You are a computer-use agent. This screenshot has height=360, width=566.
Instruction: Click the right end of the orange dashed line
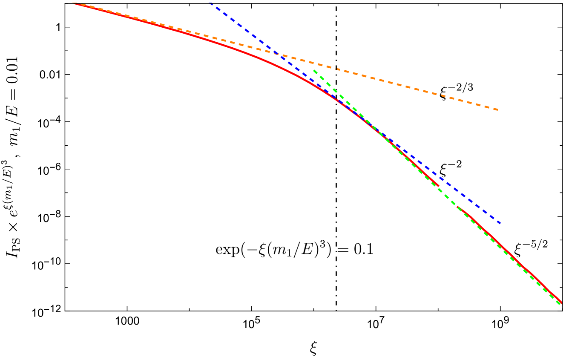pyautogui.click(x=497, y=109)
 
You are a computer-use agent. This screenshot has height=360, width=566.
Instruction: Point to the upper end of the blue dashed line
pyautogui.click(x=210, y=3)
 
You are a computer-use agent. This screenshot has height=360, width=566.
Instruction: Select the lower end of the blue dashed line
pyautogui.click(x=500, y=223)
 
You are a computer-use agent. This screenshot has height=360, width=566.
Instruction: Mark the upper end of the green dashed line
pyautogui.click(x=314, y=70)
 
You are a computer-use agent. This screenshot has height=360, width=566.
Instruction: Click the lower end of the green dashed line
pyautogui.click(x=560, y=304)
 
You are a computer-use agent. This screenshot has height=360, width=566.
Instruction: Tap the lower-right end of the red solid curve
pyautogui.click(x=562, y=303)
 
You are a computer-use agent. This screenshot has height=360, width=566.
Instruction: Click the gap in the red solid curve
pyautogui.click(x=448, y=196)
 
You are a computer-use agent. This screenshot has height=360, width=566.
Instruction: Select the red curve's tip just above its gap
pyautogui.click(x=438, y=185)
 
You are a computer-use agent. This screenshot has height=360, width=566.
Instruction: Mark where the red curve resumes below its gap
pyautogui.click(x=458, y=207)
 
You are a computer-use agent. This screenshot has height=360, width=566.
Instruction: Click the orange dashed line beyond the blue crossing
pyautogui.click(x=405, y=86)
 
